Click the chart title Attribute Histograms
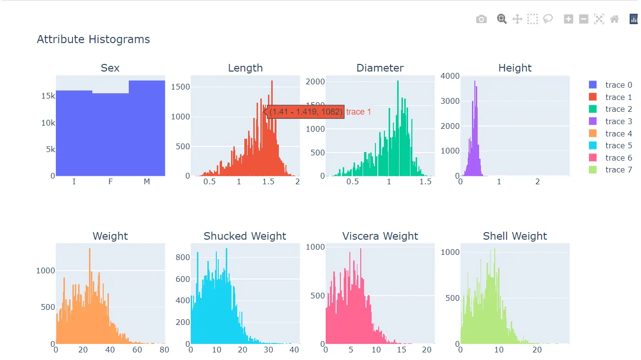93,39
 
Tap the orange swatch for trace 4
593,134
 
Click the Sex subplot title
110,68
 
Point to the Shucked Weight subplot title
245,236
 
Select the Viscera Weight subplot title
380,236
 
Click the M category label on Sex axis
147,181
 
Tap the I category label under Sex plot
74,181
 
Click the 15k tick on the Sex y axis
48,96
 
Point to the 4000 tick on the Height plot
450,76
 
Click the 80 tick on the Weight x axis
164,350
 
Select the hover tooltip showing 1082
306,112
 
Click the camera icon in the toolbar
481,19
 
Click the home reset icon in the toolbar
614,19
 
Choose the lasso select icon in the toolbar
548,19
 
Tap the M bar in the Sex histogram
147,128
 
